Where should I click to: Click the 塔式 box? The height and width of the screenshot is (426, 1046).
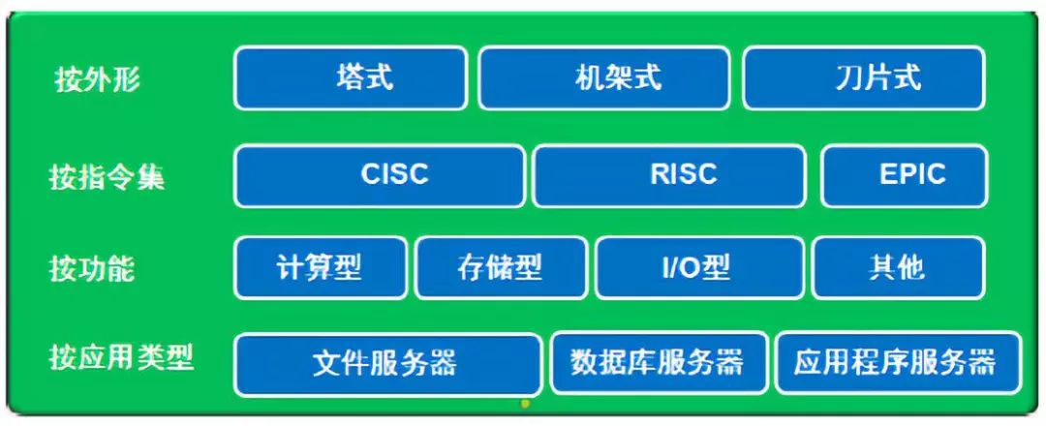coord(350,77)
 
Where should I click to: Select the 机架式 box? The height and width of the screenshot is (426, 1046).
coord(604,77)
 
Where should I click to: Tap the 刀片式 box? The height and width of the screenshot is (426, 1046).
coord(864,77)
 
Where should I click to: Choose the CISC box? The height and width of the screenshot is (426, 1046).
coord(380,175)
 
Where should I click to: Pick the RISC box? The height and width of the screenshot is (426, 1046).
coord(668,175)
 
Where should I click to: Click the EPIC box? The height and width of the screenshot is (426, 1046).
coord(905,175)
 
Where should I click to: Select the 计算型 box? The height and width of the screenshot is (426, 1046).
coord(321,267)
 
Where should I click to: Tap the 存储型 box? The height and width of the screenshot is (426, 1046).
coord(501,267)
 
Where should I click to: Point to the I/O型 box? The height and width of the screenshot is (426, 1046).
coord(698,267)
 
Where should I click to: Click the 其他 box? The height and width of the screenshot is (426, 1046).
coord(898,267)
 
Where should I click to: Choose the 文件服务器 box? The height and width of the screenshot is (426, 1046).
coord(387,363)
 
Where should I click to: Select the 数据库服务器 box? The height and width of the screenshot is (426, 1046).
coord(659,363)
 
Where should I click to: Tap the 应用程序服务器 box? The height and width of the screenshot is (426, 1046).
coord(897,363)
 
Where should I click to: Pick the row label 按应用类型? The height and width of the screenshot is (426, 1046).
coord(121,358)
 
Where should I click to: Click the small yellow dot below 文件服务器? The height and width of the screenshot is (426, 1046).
coord(524,403)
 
